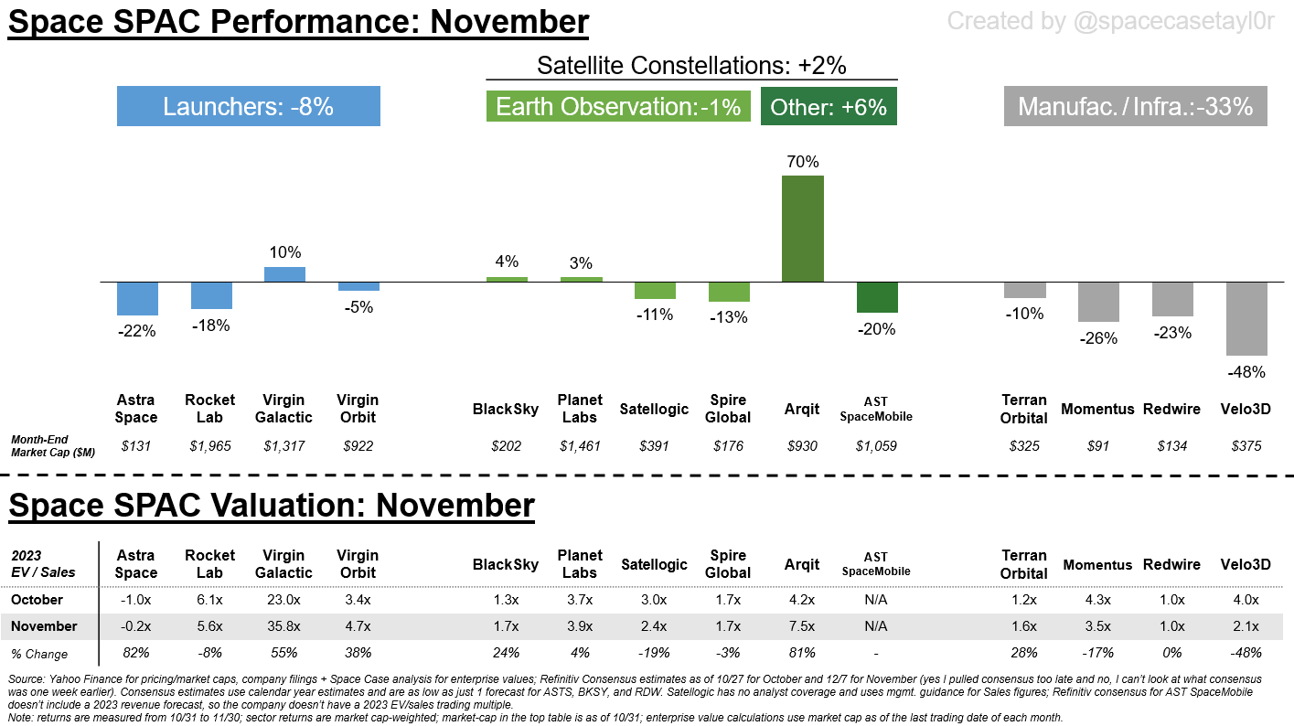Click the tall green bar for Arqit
coord(802,229)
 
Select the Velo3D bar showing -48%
coord(1246,319)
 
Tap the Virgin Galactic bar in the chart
coord(284,274)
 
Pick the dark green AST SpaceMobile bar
coord(877,297)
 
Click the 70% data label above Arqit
coord(802,162)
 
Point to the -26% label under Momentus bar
coord(1098,338)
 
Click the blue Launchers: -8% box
coord(248,106)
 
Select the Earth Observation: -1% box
coord(618,106)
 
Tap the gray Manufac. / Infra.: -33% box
coord(1135,106)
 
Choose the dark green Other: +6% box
coord(829,106)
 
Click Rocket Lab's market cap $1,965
coord(210,446)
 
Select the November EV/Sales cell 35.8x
coord(283,626)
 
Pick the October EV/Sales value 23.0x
coord(283,600)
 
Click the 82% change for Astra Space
coord(136,653)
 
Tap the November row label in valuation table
coord(43,626)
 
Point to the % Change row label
coord(39,653)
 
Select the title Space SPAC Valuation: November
coord(272,505)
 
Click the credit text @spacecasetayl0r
coord(1110,20)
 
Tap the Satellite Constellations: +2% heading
coord(691,65)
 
